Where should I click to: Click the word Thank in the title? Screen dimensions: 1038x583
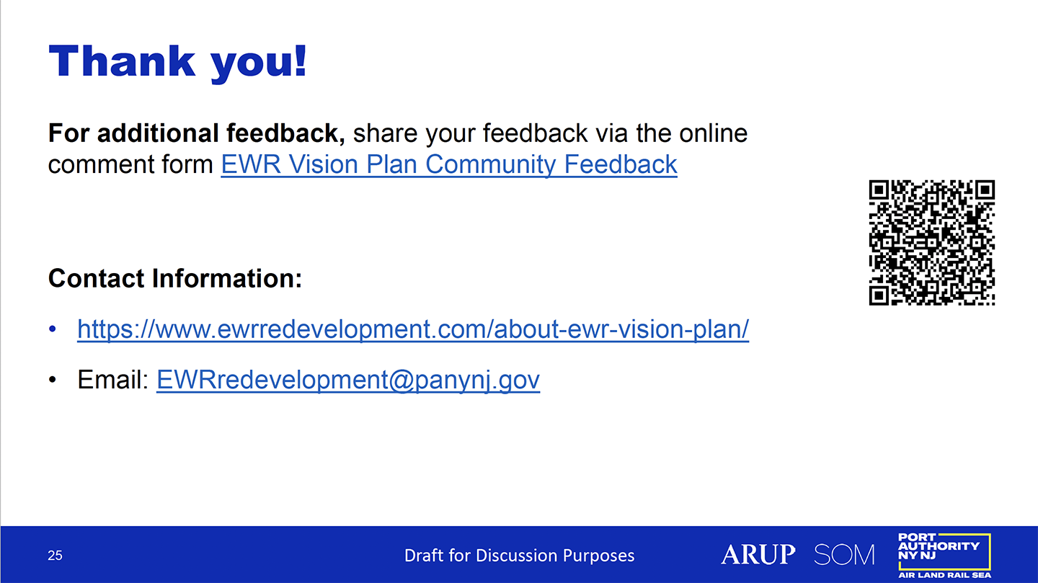tap(122, 61)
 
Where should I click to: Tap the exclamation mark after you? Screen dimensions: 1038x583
tap(300, 61)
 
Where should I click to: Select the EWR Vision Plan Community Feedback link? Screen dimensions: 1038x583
tap(449, 164)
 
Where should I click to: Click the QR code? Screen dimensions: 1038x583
tap(932, 242)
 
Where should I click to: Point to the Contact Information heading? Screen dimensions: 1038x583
tap(175, 278)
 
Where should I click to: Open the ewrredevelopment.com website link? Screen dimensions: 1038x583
tap(413, 329)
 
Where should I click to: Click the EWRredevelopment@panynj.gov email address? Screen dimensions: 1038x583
tap(348, 380)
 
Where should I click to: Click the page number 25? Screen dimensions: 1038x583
tap(55, 555)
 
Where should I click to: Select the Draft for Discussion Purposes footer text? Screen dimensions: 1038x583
tap(519, 555)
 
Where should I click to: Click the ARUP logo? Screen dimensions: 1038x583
tap(758, 554)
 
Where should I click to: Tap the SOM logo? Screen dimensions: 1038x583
tap(844, 555)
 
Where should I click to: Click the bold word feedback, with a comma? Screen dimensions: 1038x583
tap(285, 133)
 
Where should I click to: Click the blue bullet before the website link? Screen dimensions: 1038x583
tap(53, 329)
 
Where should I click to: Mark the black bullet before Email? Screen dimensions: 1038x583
tap(53, 380)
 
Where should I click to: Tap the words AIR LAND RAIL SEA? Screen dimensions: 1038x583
tap(944, 575)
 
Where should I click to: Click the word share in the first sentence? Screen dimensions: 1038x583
tap(385, 133)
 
